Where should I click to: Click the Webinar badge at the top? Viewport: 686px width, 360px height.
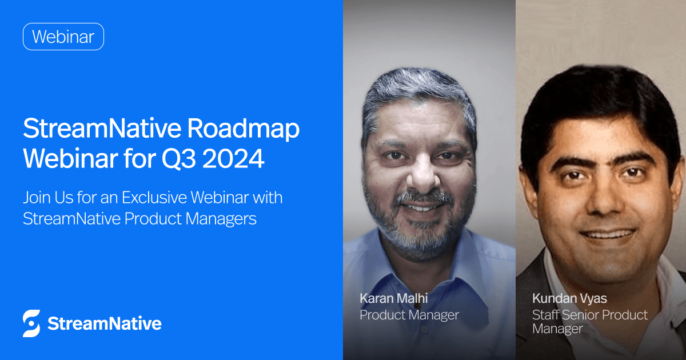pyautogui.click(x=63, y=37)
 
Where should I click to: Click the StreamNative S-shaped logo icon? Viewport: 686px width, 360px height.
pyautogui.click(x=31, y=323)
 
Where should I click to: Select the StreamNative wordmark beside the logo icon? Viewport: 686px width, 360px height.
pyautogui.click(x=104, y=323)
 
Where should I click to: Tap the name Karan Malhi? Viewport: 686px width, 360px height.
pyautogui.click(x=394, y=298)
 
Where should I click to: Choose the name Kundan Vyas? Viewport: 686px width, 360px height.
pyautogui.click(x=569, y=298)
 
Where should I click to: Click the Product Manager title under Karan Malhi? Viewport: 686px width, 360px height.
pyautogui.click(x=409, y=314)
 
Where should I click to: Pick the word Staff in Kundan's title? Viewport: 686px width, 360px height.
pyautogui.click(x=547, y=315)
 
